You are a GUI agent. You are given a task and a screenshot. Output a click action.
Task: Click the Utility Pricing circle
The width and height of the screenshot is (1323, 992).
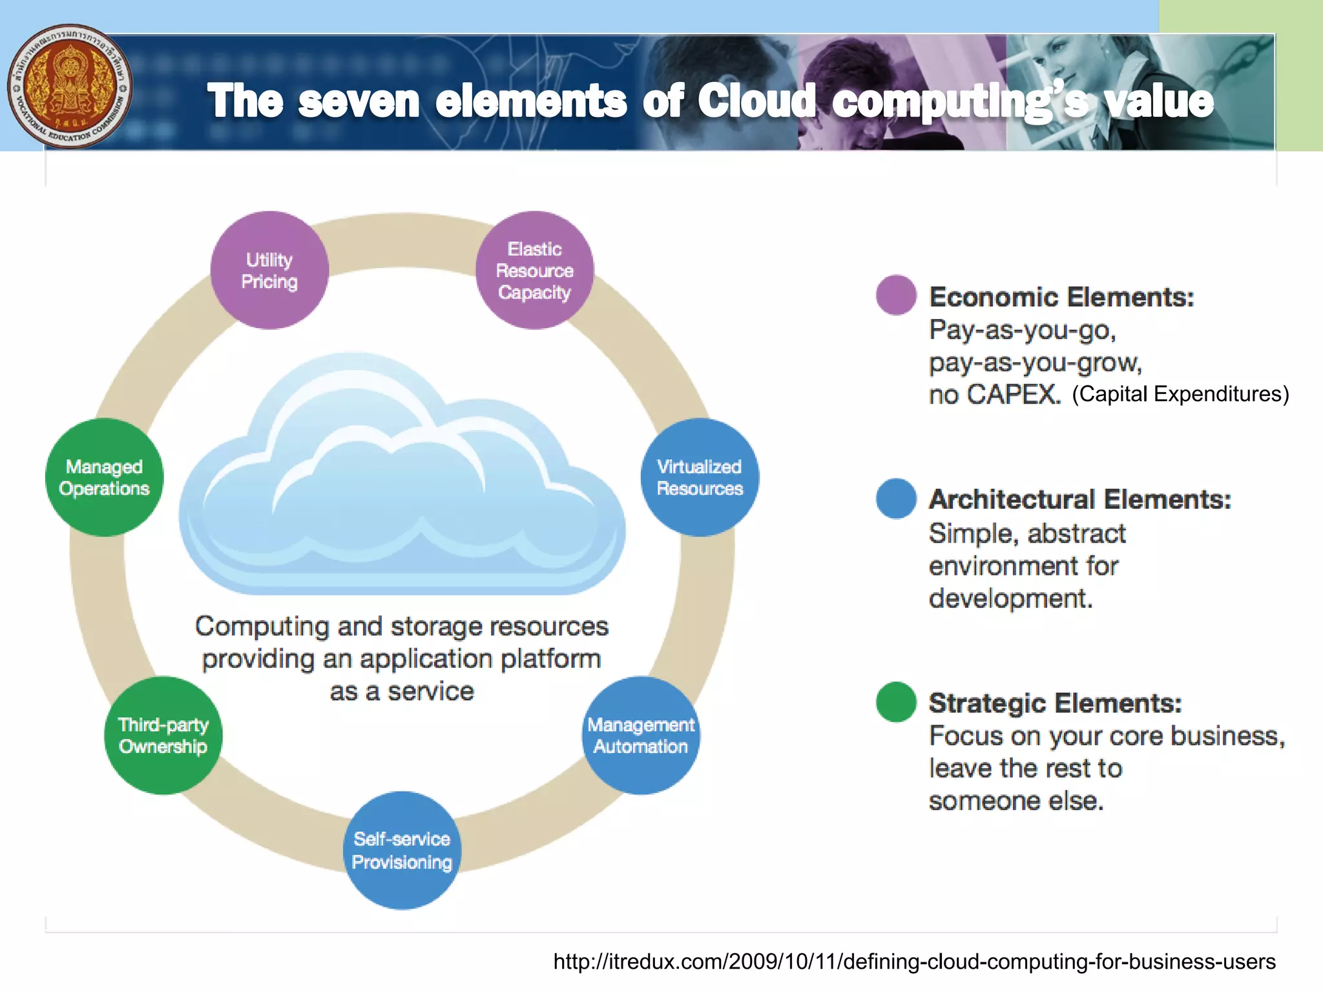pos(269,271)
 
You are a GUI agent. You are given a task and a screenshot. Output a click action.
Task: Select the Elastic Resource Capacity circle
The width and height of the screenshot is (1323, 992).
pos(534,271)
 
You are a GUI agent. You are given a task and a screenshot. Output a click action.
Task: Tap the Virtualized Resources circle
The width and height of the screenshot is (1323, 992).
pos(700,477)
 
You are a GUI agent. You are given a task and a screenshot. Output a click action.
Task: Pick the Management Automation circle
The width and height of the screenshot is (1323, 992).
pos(641,736)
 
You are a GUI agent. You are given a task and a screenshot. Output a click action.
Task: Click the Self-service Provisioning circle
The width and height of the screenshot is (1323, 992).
pos(402,851)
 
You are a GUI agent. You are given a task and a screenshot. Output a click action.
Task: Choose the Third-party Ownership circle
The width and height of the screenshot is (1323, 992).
pos(163,736)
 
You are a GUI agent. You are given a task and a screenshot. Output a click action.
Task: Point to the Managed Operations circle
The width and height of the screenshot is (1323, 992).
pos(104,477)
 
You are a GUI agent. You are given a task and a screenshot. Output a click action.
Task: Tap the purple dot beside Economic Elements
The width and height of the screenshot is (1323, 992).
pos(896,295)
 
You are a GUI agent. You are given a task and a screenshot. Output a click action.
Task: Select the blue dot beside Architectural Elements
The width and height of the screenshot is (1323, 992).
pos(896,498)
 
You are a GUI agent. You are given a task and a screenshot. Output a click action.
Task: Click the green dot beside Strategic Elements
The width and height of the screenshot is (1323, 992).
pos(896,702)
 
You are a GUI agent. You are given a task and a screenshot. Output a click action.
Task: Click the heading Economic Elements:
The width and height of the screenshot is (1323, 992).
pos(1061,297)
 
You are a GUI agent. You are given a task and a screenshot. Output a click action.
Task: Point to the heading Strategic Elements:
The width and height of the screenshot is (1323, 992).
pos(1055,703)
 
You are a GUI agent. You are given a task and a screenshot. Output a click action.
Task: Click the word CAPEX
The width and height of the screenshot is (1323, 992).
pos(1013,395)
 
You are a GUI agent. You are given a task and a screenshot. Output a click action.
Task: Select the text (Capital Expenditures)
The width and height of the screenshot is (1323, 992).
pos(1180,394)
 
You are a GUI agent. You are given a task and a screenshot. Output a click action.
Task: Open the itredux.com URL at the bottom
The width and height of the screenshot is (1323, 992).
pos(914,962)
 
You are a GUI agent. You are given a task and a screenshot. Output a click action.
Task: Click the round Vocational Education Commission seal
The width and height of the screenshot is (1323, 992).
pos(70,87)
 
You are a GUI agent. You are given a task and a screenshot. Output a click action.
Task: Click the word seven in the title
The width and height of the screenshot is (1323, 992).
pos(359,101)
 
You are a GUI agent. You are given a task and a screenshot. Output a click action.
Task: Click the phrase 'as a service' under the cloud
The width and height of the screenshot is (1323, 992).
pos(402,692)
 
